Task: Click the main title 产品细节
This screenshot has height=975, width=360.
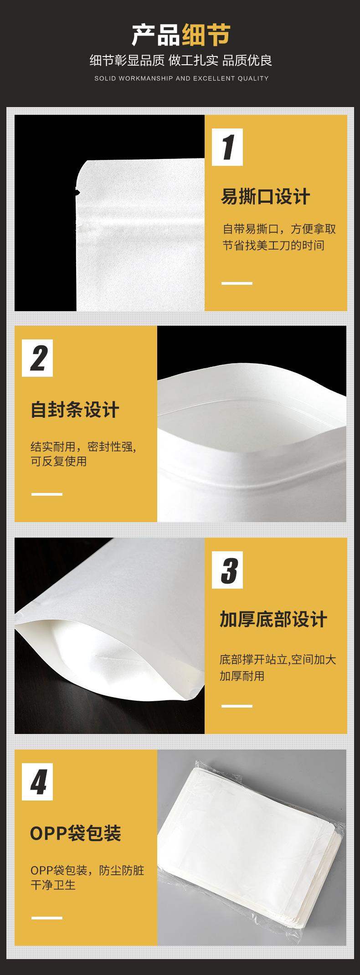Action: pyautogui.click(x=181, y=35)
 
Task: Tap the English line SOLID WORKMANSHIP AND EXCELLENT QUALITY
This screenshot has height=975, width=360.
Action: pyautogui.click(x=181, y=78)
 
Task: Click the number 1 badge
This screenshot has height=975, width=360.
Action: pyautogui.click(x=227, y=148)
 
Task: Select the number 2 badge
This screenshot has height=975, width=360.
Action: pyautogui.click(x=37, y=358)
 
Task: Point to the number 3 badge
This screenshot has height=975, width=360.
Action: pyautogui.click(x=227, y=570)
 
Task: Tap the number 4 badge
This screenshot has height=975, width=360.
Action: pyautogui.click(x=37, y=781)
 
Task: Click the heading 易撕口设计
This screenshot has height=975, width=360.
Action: pyautogui.click(x=266, y=197)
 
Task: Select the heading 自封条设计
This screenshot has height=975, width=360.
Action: pyautogui.click(x=75, y=409)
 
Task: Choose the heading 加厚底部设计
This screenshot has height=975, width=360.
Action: pyautogui.click(x=273, y=620)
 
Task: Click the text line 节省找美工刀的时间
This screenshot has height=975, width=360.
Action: pyautogui.click(x=273, y=246)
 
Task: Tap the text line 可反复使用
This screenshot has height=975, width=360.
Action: pyautogui.click(x=59, y=461)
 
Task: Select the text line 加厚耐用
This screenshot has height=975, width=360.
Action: pyautogui.click(x=242, y=676)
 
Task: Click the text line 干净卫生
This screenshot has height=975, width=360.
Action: pyautogui.click(x=53, y=885)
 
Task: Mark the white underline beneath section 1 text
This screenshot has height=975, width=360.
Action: pyautogui.click(x=237, y=283)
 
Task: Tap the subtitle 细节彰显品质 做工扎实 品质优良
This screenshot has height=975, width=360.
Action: pyautogui.click(x=181, y=60)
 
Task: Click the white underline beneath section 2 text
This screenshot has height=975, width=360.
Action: pyautogui.click(x=47, y=494)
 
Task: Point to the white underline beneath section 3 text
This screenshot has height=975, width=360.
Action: pyautogui.click(x=237, y=706)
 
